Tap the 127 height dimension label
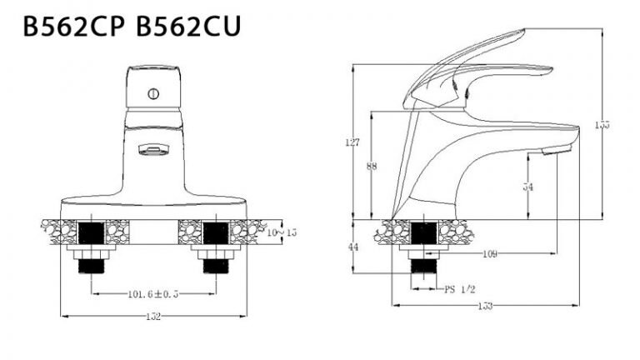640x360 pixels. (352, 142)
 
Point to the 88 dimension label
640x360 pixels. (372, 167)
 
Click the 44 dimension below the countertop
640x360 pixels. (352, 247)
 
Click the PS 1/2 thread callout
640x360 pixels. (459, 289)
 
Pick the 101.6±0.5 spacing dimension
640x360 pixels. (153, 293)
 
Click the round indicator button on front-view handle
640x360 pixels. (153, 94)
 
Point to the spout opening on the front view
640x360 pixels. (153, 150)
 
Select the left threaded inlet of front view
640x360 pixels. (90, 265)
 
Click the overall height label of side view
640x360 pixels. (602, 125)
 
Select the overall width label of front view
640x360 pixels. (153, 317)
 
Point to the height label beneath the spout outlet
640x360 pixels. (527, 187)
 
